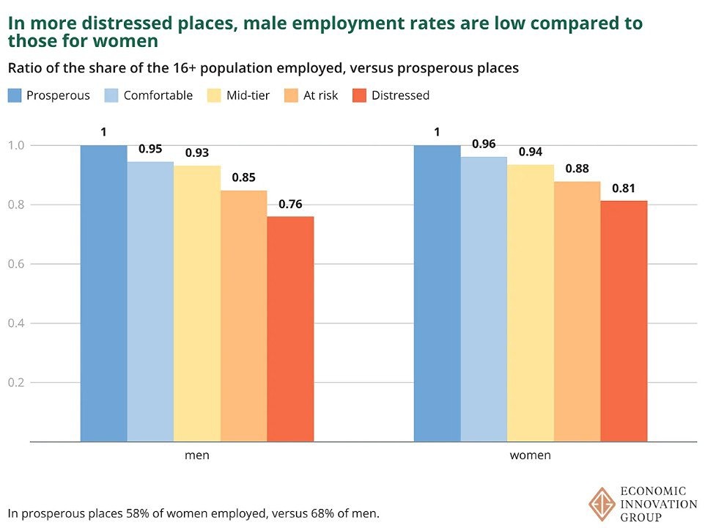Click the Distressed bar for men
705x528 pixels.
coord(290,329)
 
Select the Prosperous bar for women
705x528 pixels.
coord(438,293)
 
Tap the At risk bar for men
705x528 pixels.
coord(243,316)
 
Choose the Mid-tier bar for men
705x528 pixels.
coord(197,304)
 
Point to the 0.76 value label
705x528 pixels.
coord(289,205)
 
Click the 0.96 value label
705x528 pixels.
coord(484,144)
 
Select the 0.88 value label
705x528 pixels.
coord(577,169)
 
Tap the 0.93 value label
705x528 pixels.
coord(197,153)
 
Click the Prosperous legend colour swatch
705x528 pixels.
coord(15,95)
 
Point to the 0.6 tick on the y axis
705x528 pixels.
coord(16,264)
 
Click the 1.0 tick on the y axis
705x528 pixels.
coord(16,145)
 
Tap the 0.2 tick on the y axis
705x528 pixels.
coord(16,383)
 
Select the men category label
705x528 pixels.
coord(196,455)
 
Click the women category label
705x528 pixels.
coord(530,455)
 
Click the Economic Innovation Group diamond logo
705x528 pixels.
coord(602,505)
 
